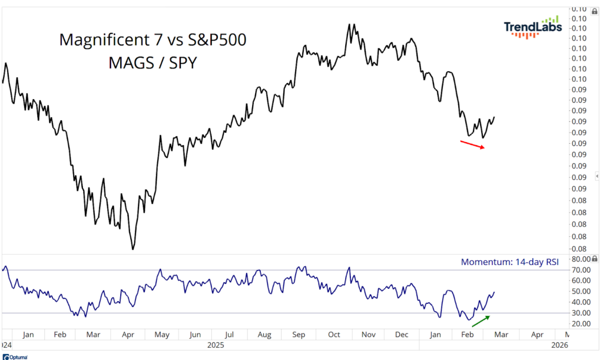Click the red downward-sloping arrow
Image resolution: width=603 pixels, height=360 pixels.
point(473,144)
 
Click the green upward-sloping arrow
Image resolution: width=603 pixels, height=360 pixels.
point(481,321)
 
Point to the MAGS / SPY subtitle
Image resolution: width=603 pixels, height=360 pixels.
point(153,62)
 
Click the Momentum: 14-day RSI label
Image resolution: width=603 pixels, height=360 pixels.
point(509,262)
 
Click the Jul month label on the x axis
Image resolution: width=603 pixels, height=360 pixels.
point(230,335)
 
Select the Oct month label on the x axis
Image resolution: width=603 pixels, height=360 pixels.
point(334,335)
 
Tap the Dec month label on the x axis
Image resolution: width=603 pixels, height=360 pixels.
point(402,335)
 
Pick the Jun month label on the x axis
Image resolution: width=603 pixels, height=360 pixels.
point(195,335)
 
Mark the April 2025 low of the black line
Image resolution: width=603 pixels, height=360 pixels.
point(133,249)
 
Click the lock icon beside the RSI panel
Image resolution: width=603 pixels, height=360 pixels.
point(595,259)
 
